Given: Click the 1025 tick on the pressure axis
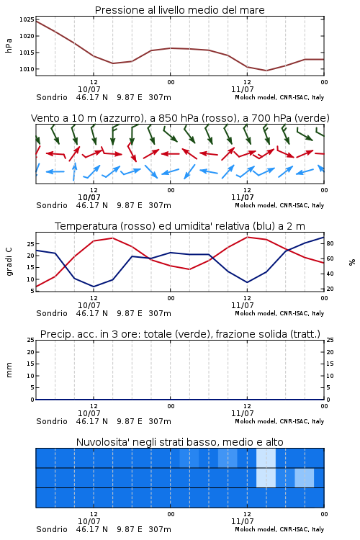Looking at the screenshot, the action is (x=27, y=19).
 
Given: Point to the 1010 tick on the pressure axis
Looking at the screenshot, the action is (x=27, y=69).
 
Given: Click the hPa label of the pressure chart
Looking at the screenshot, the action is (x=9, y=45).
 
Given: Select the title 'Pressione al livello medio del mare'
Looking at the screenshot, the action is (x=180, y=10).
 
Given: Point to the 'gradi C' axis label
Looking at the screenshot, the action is (x=9, y=262).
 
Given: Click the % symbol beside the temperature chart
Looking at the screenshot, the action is (x=352, y=262).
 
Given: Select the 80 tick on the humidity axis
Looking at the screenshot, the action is (x=330, y=243).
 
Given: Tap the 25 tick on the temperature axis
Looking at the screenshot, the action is (x=31, y=244).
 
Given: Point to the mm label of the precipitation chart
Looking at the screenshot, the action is (x=9, y=370).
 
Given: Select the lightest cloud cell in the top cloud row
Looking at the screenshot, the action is (x=266, y=458).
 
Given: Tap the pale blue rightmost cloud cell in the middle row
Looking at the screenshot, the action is (x=304, y=477).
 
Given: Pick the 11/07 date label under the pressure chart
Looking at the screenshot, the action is (x=243, y=89).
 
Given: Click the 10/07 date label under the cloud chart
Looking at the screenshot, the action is (x=89, y=521).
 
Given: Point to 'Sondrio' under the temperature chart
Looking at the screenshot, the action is (x=52, y=313).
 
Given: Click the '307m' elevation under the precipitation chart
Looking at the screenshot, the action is (x=160, y=421).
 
